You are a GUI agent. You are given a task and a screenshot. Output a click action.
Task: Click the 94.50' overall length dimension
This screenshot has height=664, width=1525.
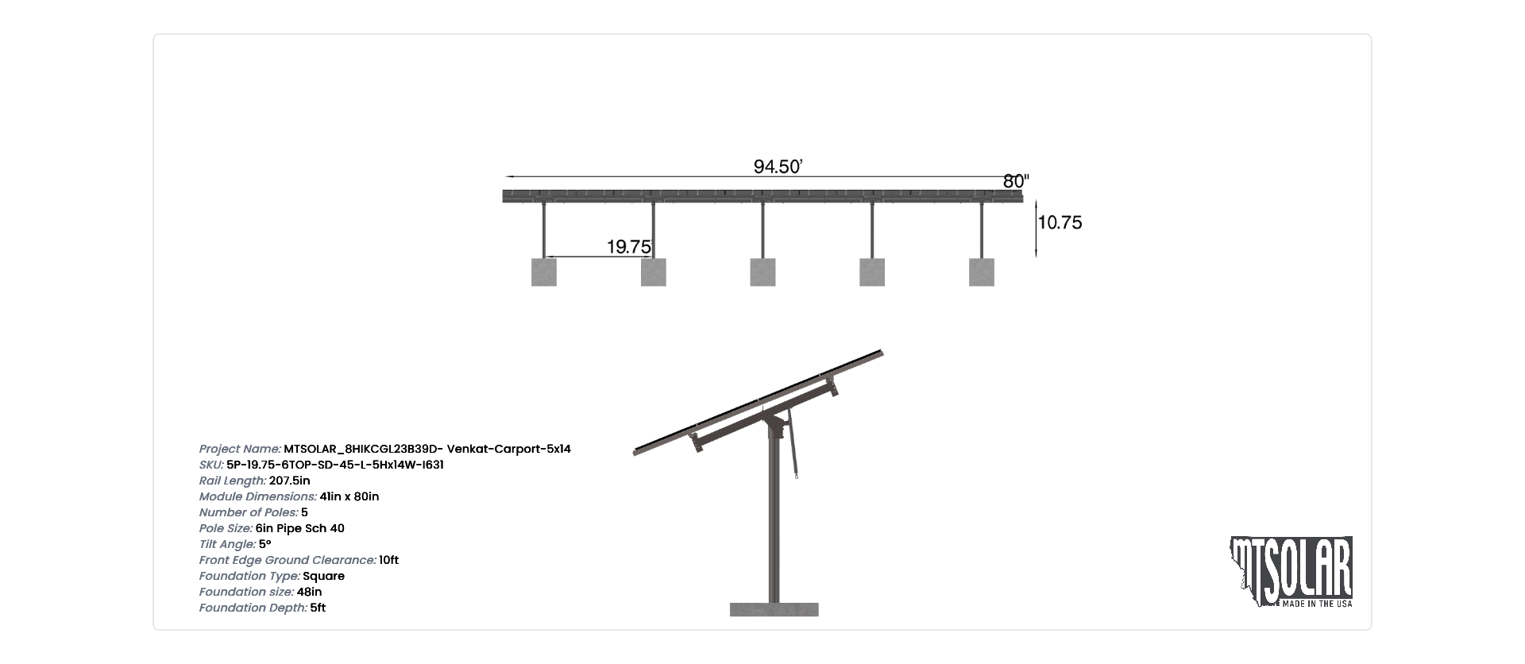(x=778, y=167)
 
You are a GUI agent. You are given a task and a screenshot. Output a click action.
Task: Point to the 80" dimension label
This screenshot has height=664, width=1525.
(x=1016, y=181)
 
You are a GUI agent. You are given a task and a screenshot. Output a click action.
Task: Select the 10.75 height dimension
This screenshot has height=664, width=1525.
(x=1060, y=222)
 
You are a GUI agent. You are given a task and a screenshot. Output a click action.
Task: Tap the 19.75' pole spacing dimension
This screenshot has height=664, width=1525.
(x=630, y=247)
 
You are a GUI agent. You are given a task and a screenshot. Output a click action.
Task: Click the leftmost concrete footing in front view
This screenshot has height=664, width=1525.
(x=544, y=272)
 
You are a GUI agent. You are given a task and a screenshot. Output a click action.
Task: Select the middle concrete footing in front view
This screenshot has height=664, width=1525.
(x=762, y=272)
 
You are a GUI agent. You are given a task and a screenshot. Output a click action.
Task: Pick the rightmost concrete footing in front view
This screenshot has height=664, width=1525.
(x=982, y=272)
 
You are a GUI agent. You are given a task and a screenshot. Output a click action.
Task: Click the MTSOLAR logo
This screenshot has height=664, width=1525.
(x=1291, y=572)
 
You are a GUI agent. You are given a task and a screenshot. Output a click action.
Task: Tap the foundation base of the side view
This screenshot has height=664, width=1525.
(x=774, y=610)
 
